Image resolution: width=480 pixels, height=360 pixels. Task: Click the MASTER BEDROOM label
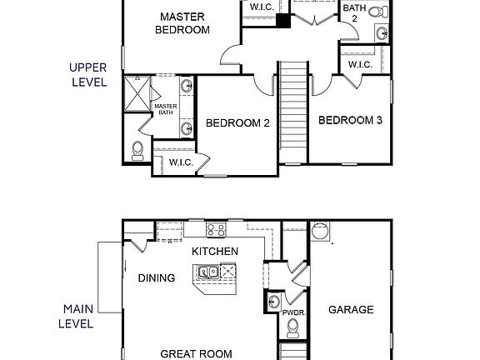point(184,22)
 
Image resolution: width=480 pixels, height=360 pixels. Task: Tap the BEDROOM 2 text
point(237,123)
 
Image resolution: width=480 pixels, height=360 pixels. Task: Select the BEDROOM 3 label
point(350,120)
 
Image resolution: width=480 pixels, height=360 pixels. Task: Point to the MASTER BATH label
point(166,109)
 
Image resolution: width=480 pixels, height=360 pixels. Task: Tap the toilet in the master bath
point(137,150)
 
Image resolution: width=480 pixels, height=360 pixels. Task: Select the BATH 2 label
point(354,12)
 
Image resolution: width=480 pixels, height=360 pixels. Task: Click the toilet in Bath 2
point(377,12)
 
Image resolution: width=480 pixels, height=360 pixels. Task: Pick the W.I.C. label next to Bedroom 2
point(181,162)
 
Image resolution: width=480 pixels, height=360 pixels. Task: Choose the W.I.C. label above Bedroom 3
point(360,64)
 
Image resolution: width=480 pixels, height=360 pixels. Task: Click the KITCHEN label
point(215,251)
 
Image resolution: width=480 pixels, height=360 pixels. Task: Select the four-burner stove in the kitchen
point(217,230)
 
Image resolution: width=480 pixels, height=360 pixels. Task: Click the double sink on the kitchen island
point(207,271)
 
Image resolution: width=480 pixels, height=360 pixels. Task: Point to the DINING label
point(156,278)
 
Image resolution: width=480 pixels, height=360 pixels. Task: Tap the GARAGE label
point(351,309)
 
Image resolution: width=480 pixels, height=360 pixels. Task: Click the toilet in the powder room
point(273,302)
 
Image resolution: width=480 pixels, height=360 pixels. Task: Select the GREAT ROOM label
point(196,353)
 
